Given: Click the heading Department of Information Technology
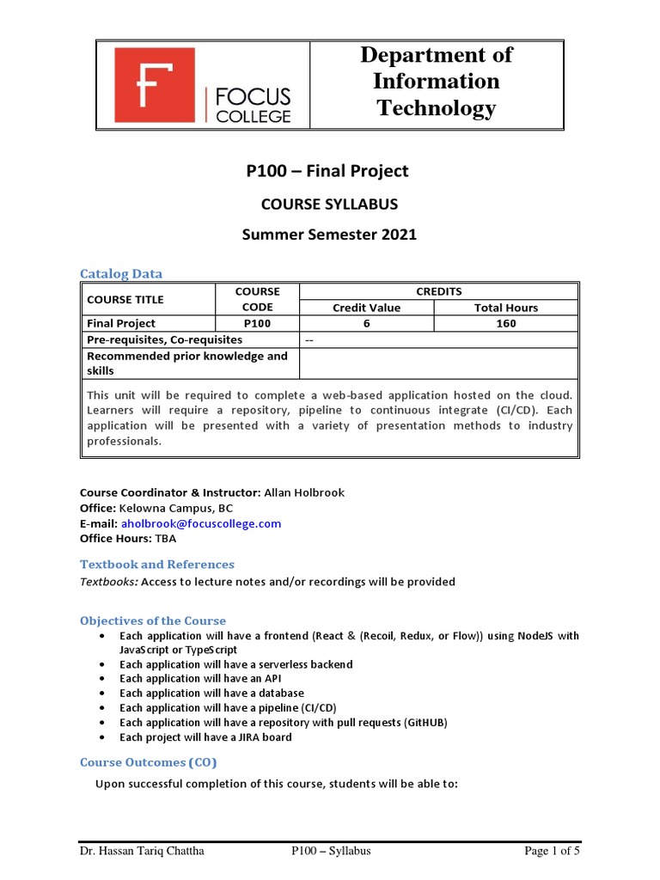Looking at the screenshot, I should point(436,82).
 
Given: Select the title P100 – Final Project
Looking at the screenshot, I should point(327,171).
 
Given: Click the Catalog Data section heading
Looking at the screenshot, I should point(121,273).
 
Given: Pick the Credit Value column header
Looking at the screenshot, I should point(366,308).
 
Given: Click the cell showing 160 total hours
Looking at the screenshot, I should point(506,323).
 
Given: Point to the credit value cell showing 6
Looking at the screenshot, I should point(366,323).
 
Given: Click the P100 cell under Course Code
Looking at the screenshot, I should point(256,323).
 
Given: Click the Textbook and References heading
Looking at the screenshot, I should point(156,564).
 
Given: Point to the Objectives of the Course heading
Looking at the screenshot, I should point(153,620).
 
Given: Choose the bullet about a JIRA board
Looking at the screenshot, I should point(205,736).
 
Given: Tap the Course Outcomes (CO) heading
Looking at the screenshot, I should point(149,761).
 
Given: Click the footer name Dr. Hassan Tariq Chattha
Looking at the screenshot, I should point(143,851).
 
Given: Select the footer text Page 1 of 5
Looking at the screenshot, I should point(553,851).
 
